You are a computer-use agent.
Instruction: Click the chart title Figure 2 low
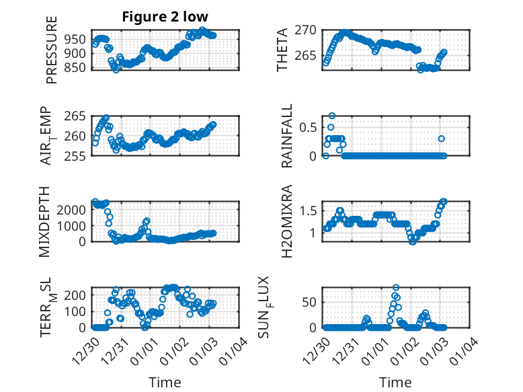pyautogui.click(x=165, y=17)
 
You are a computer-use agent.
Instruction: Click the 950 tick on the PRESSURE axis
pyautogui.click(x=78, y=39)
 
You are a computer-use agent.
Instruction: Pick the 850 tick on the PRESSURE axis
pyautogui.click(x=78, y=67)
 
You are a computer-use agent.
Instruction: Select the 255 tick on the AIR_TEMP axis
pyautogui.click(x=78, y=156)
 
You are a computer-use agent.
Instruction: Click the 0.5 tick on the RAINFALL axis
pyautogui.click(x=310, y=127)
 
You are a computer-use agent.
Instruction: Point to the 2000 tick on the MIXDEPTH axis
pyautogui.click(x=75, y=209)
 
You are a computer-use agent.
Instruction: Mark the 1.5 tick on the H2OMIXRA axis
pyautogui.click(x=310, y=211)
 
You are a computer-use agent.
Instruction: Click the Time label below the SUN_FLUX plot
pyautogui.click(x=395, y=383)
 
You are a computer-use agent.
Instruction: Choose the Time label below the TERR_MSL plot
pyautogui.click(x=165, y=383)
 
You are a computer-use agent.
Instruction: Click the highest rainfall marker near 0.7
pyautogui.click(x=332, y=116)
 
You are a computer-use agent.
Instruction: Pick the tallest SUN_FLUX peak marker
pyautogui.click(x=396, y=288)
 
